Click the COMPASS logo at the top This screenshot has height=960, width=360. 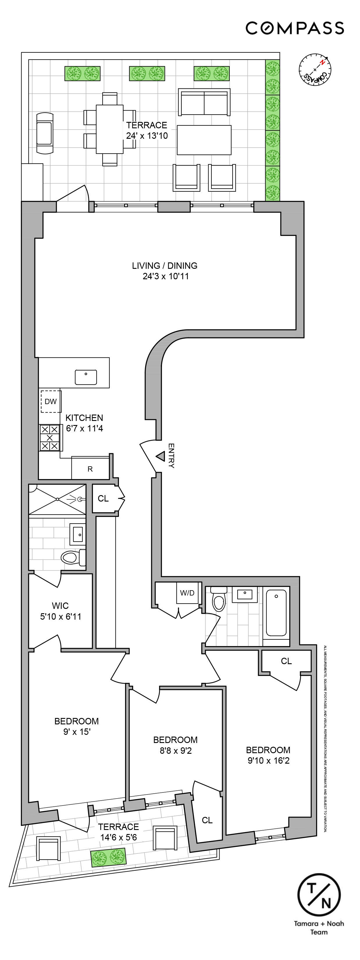point(294,28)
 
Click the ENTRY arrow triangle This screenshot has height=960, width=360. point(161,456)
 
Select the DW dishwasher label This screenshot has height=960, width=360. point(51,401)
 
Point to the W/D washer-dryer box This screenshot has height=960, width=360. point(187,593)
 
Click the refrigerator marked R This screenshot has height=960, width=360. point(90,469)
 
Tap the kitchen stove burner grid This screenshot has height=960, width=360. point(49,438)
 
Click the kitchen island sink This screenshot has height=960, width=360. point(86,377)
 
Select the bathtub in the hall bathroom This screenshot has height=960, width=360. point(276,612)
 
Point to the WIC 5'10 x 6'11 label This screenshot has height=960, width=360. point(60,611)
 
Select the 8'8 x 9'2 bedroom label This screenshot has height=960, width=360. point(176,751)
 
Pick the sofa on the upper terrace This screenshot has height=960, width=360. point(204,102)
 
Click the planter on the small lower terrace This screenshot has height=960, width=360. point(108,857)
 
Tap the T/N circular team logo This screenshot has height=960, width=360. point(319,895)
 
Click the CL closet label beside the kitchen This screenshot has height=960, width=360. point(103,499)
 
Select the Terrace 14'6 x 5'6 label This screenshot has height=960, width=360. point(119,832)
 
